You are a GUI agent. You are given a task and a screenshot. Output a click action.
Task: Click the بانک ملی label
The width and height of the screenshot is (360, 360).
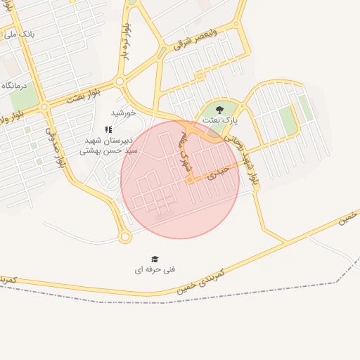tap(19, 33)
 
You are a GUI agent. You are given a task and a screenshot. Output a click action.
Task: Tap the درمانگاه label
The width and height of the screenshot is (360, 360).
tap(14, 85)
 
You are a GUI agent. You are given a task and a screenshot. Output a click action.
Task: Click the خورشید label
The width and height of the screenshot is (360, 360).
tap(122, 112)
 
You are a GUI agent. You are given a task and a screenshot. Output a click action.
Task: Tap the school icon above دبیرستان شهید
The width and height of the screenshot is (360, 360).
tap(108, 129)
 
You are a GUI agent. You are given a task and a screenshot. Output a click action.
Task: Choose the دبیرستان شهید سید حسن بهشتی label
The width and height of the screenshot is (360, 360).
tap(108, 145)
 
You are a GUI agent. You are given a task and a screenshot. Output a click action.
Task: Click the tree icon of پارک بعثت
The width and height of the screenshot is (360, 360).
tap(219, 109)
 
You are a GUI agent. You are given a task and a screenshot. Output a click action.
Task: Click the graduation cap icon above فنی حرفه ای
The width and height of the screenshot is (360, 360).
tap(155, 259)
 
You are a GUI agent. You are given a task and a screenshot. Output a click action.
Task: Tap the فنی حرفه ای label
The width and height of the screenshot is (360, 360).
tap(155, 269)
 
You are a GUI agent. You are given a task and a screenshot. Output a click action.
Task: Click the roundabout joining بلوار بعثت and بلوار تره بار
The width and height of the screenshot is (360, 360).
tap(120, 82)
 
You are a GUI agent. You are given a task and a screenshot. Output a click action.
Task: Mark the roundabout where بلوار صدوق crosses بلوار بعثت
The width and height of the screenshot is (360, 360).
tap(44, 107)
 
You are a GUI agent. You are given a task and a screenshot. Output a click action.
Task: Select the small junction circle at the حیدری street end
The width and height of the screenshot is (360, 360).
tap(190, 181)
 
